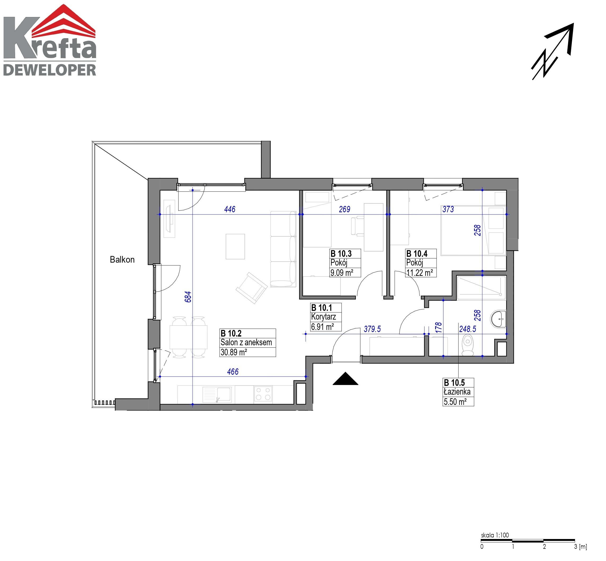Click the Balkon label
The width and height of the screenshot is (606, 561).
tap(122, 259)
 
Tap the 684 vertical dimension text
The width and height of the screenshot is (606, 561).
tap(188, 297)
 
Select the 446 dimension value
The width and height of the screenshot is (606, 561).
tap(230, 209)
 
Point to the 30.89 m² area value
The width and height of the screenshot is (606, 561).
tap(234, 352)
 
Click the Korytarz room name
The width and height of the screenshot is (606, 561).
tap(323, 317)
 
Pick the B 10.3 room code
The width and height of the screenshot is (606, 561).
tap(341, 254)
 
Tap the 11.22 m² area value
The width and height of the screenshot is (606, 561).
tap(420, 273)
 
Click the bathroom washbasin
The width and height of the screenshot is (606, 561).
tap(498, 319)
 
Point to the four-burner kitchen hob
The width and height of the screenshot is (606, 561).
tap(263, 394)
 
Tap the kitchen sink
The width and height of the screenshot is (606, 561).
tap(217, 394)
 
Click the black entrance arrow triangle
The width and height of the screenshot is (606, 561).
tap(345, 379)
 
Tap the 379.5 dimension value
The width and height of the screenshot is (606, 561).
tap(372, 329)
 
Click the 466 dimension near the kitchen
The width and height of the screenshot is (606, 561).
tap(233, 372)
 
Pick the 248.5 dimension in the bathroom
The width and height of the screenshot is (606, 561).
tap(468, 329)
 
